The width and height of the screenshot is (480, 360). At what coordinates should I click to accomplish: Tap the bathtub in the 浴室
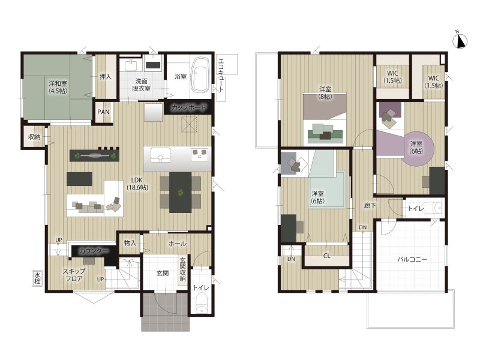click(x=200, y=74)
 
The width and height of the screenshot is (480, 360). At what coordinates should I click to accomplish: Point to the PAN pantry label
click(x=103, y=112)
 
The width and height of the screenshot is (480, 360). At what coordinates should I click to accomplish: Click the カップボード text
click(x=188, y=108)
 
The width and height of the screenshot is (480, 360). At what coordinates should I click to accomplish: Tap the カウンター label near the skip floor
click(x=93, y=251)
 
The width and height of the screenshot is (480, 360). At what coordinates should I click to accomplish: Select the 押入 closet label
click(x=106, y=77)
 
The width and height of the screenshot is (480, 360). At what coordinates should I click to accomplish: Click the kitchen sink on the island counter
click(x=160, y=155)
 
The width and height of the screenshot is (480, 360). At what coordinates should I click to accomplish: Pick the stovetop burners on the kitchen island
click(x=200, y=154)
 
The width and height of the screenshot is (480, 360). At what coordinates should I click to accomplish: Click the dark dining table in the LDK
click(x=181, y=192)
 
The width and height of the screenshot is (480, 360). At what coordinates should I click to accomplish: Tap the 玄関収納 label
click(x=183, y=269)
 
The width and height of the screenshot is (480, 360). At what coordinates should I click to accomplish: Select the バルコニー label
click(x=412, y=259)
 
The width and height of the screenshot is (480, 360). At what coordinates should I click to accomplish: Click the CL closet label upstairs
click(x=326, y=256)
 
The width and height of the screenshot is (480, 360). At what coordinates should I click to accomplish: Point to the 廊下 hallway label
click(x=370, y=205)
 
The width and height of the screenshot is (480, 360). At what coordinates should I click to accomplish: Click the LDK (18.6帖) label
click(x=137, y=184)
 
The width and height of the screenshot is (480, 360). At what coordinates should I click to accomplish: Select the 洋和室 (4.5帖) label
click(x=58, y=87)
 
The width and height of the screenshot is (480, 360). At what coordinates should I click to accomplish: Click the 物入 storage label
click(x=130, y=243)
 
